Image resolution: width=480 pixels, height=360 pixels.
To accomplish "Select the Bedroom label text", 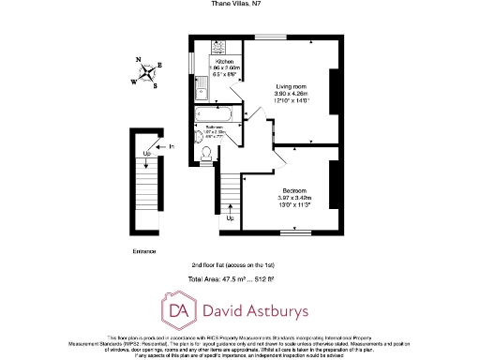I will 295,190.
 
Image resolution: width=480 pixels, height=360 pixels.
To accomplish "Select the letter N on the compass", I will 139,61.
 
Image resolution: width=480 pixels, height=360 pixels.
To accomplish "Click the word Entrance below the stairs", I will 144,251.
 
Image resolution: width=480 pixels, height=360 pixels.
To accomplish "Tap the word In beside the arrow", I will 172,146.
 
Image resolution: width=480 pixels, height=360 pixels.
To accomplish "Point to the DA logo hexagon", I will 178,308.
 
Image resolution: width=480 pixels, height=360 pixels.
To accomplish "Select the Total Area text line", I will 238,279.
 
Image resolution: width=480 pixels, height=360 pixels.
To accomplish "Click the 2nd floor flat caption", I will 236,265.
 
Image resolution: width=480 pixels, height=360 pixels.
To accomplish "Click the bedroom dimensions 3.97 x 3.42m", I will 295,198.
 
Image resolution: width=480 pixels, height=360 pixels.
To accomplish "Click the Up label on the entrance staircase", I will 147,155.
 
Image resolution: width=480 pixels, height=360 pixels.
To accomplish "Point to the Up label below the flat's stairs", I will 231,219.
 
